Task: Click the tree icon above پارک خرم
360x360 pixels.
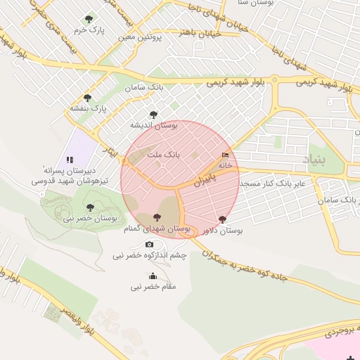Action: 88,20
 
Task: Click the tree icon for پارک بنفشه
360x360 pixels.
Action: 87,98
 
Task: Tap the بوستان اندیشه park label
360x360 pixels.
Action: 153,124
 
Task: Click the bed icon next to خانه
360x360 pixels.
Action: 225,155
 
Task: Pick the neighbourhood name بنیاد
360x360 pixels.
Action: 314,160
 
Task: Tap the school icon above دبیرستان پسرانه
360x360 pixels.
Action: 70,160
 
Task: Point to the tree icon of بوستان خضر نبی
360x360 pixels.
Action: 89,207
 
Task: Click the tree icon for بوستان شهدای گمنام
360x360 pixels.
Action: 156,218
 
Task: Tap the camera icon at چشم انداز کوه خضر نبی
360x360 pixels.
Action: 149,245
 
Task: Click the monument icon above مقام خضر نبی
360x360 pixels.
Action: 153,276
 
